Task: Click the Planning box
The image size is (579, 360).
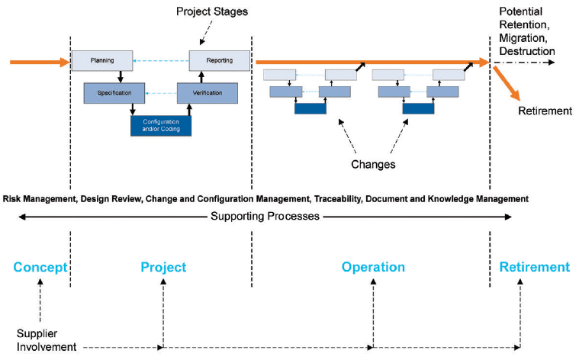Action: coord(102,60)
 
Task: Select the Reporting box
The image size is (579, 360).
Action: coord(220,60)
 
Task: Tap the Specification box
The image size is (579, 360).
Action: coord(114,93)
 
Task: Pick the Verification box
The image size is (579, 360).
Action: coord(207,93)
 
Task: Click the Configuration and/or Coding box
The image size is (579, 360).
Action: coord(161,125)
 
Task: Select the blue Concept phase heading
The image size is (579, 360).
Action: coord(40,268)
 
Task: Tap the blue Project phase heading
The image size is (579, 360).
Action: coord(163,268)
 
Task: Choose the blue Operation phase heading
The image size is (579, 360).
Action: coord(373,268)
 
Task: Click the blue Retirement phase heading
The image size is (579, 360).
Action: coord(534,268)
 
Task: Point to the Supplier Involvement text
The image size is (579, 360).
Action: coord(47,341)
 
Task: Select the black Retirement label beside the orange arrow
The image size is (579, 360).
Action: coord(545,111)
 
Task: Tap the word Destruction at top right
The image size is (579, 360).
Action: coord(527,51)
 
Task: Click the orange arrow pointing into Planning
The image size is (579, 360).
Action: coord(38,61)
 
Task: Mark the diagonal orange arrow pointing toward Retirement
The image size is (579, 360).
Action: coord(507,82)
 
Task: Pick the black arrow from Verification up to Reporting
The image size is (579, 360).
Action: coord(201,78)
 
